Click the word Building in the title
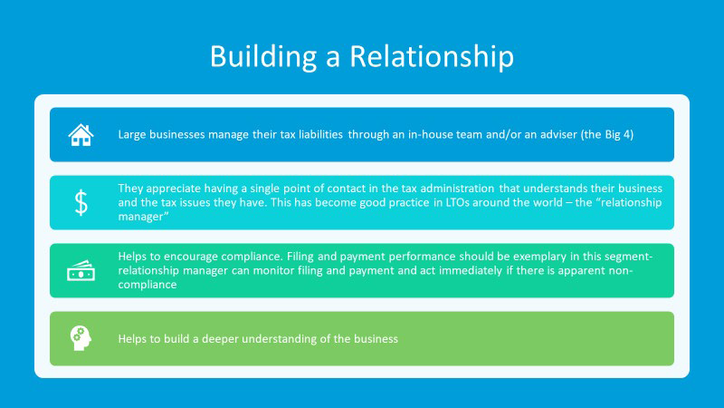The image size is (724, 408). tap(263, 57)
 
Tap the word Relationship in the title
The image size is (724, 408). tap(432, 57)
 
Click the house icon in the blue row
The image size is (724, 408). tap(81, 134)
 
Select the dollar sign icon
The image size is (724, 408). tap(81, 202)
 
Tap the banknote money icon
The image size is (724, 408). tap(81, 270)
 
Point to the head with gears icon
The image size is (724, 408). tap(81, 338)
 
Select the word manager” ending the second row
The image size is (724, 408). tap(143, 217)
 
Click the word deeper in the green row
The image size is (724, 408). tap(220, 338)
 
